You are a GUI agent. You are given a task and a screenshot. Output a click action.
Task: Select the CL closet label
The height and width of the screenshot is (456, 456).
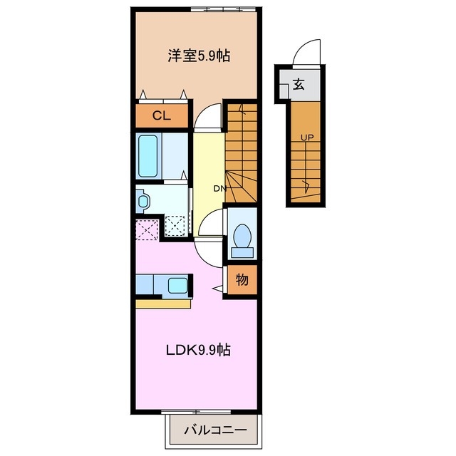(160, 116)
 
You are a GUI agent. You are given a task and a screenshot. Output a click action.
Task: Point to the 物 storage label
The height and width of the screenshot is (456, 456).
(242, 280)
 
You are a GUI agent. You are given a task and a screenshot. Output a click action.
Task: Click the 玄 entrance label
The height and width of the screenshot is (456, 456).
(299, 85)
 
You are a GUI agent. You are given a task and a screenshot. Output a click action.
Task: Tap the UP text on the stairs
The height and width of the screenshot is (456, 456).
(306, 137)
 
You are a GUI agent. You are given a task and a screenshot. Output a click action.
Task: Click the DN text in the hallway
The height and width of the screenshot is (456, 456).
(220, 188)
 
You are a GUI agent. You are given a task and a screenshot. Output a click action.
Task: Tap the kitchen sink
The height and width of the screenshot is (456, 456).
(177, 286)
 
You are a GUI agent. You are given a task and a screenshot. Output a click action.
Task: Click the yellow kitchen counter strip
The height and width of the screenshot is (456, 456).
(163, 303)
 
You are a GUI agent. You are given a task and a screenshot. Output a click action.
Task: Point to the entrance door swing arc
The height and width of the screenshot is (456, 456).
(306, 51)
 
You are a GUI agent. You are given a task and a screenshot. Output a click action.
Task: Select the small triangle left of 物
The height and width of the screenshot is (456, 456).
(217, 288)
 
